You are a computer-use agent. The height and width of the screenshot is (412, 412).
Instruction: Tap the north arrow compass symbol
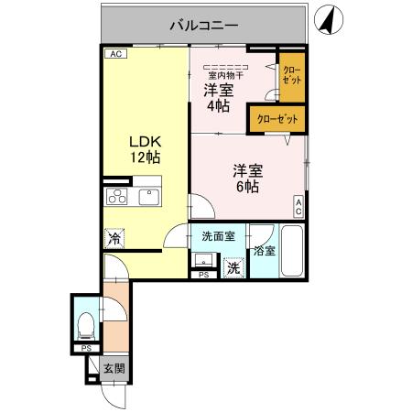point(327,18)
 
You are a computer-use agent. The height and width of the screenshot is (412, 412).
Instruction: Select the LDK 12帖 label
point(144,149)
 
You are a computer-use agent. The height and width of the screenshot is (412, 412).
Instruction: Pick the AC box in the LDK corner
point(114,54)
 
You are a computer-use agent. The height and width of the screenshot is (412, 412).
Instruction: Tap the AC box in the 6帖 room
point(298,207)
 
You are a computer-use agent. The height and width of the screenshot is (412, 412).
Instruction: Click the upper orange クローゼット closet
point(290,75)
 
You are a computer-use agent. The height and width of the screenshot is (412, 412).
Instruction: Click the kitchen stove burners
point(117,196)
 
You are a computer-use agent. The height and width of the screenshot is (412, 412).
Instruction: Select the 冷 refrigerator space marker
point(114,238)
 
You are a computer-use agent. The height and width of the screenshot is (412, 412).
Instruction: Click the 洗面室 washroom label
point(218,235)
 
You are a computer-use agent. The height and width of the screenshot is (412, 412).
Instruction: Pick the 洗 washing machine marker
point(234,268)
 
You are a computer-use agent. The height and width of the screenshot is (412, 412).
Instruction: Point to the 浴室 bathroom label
point(265,250)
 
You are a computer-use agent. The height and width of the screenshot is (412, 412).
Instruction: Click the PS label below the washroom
point(203,275)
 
